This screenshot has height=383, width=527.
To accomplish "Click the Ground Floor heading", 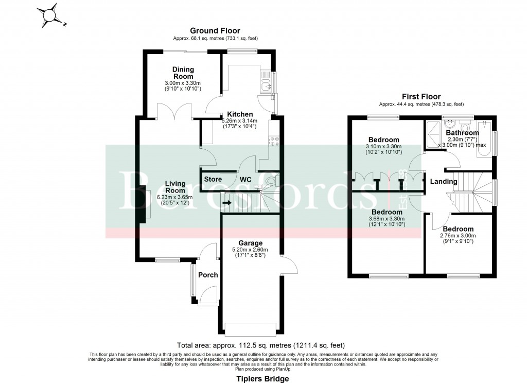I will click(215, 31).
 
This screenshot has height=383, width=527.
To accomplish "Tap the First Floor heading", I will click(421, 96).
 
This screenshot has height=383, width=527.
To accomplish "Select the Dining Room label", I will click(183, 73).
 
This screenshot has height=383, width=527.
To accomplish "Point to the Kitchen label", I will click(240, 114).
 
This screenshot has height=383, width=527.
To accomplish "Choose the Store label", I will click(213, 179).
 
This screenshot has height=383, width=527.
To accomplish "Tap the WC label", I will click(245, 179).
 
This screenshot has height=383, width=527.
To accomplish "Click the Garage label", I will click(250, 243).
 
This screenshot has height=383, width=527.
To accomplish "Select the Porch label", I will click(208, 275).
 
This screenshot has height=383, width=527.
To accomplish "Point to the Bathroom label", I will click(462, 133).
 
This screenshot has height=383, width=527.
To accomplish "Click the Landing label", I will click(444, 181).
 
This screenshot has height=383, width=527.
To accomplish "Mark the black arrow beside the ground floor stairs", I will click(226, 202).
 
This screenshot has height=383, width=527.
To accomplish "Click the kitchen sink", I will click(266, 81).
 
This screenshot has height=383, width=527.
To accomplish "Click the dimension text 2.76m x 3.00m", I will click(458, 236).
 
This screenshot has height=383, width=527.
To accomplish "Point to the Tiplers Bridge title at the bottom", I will click(262, 378).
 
